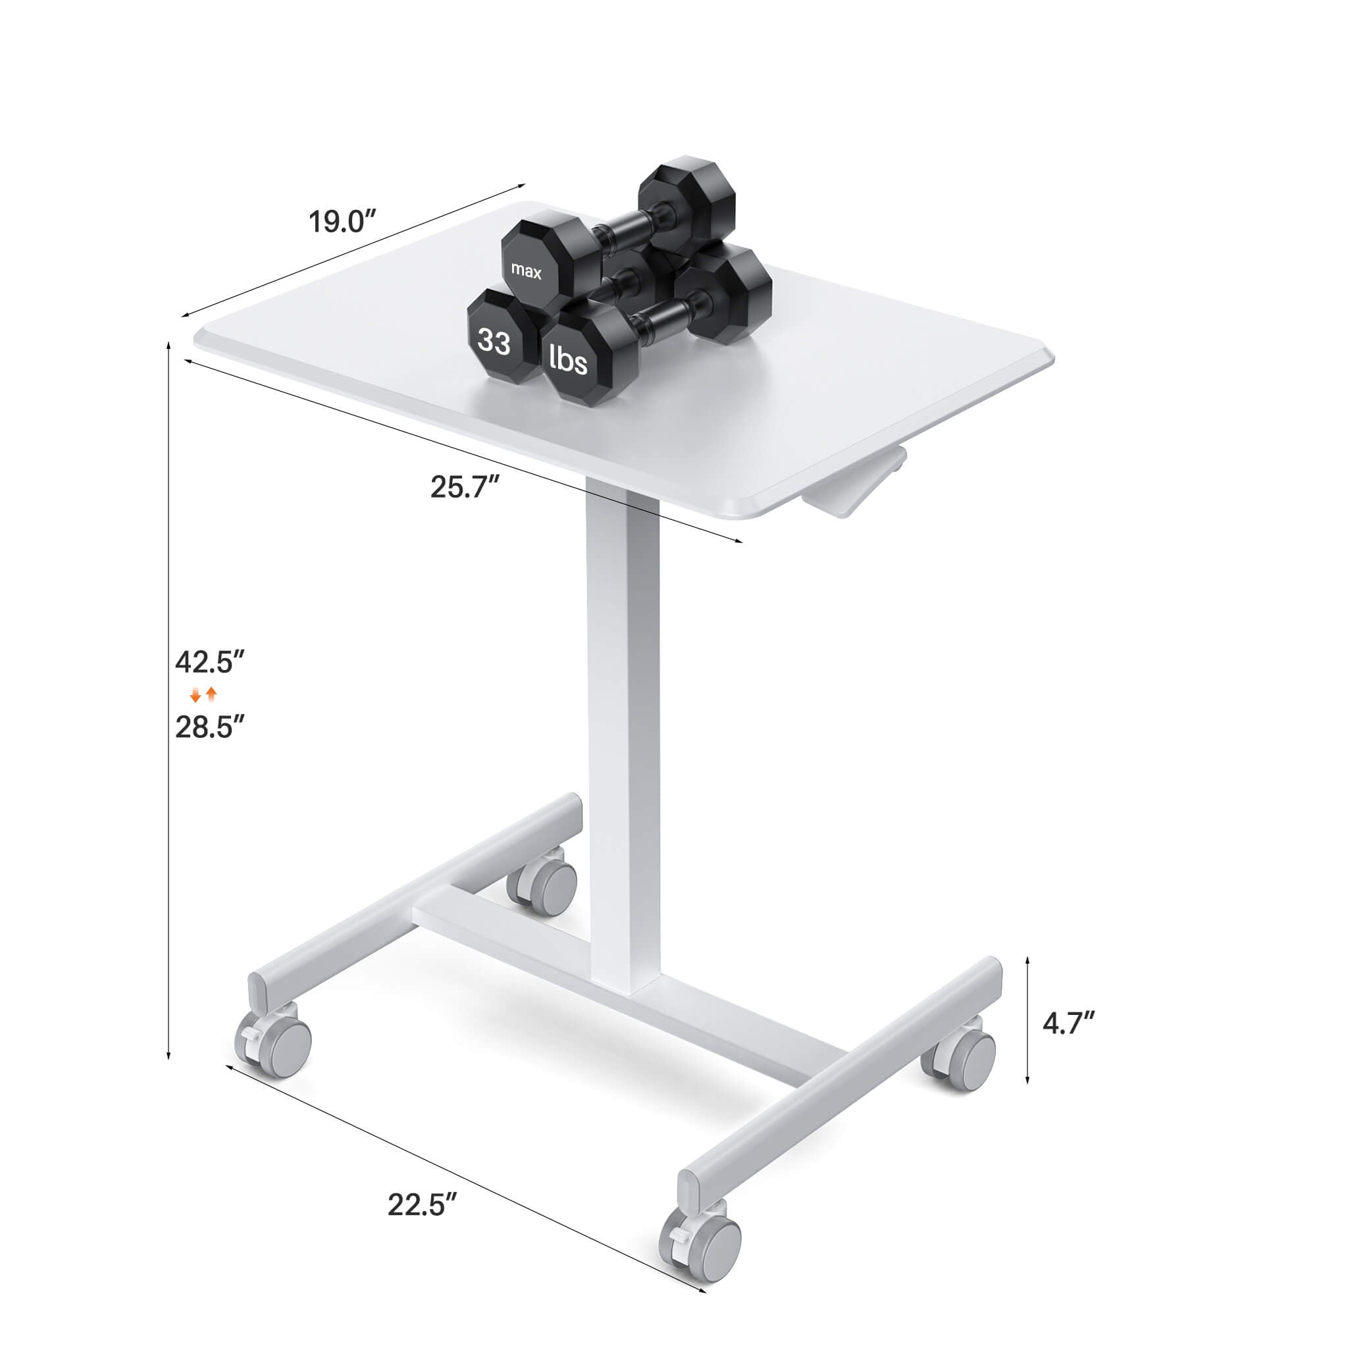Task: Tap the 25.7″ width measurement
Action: (466, 486)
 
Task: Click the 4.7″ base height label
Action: (1068, 1024)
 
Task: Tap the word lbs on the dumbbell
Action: (569, 359)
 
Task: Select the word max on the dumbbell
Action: (526, 271)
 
